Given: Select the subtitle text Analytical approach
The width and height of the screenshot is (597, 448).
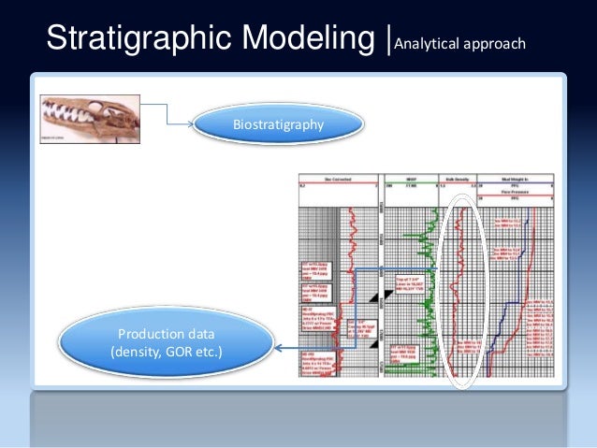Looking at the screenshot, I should pyautogui.click(x=460, y=43).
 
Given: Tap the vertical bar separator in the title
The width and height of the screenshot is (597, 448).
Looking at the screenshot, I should pyautogui.click(x=390, y=39).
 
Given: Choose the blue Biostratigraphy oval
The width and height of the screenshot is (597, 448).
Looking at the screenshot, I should pyautogui.click(x=278, y=123).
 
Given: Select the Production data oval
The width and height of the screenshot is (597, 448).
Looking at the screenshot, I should pyautogui.click(x=166, y=344).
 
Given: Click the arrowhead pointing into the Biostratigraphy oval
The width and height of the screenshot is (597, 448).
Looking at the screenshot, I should pyautogui.click(x=195, y=123).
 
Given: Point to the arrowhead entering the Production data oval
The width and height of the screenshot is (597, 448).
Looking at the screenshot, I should pyautogui.click(x=278, y=348).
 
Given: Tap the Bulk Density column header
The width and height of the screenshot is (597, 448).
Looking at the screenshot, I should pyautogui.click(x=459, y=179).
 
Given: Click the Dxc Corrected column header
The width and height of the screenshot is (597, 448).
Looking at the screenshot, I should pyautogui.click(x=339, y=179).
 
